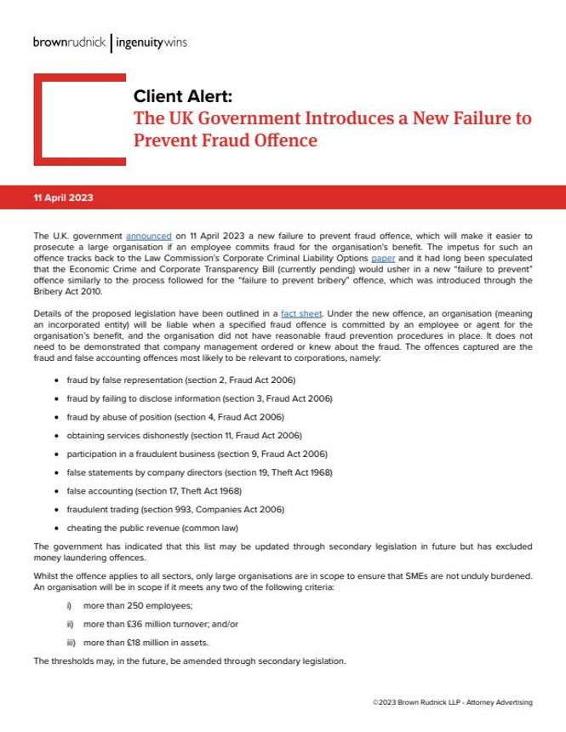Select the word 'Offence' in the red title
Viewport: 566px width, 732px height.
pyautogui.click(x=282, y=139)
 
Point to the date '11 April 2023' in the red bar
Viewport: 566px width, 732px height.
pyautogui.click(x=63, y=197)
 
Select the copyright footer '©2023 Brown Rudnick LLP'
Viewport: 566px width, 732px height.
pyautogui.click(x=452, y=702)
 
